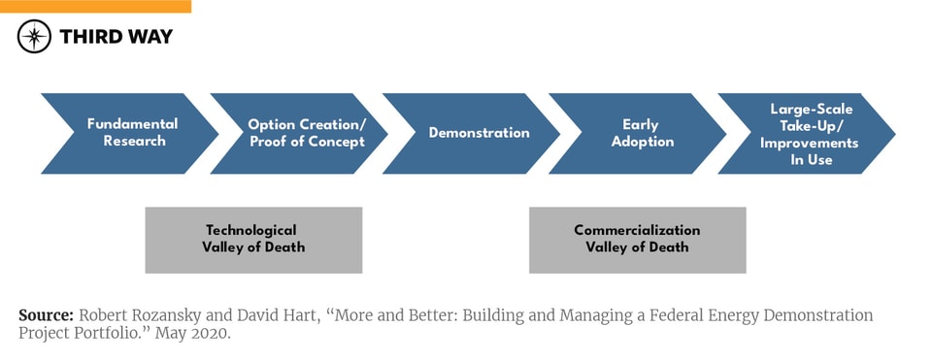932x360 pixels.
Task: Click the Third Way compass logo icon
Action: click(x=34, y=37)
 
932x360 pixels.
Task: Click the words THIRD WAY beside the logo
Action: click(x=116, y=37)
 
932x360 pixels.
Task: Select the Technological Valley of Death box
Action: click(x=253, y=240)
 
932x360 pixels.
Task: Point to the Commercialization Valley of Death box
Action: click(x=637, y=240)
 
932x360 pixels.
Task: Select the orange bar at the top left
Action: click(x=95, y=6)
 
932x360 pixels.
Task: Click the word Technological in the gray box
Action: click(x=250, y=231)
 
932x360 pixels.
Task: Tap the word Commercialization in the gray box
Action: click(x=637, y=231)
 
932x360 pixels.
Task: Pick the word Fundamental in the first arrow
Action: click(x=132, y=124)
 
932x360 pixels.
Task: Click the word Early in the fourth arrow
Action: click(x=641, y=124)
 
